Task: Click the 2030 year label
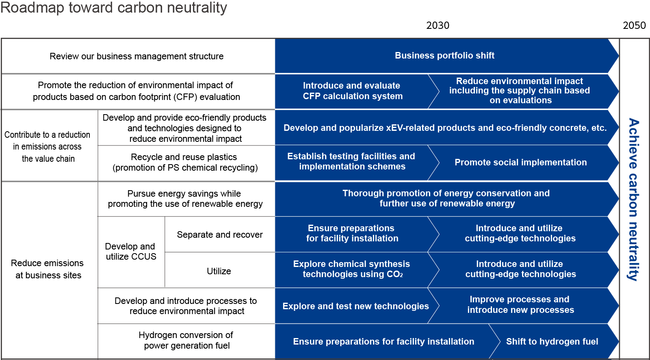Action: (x=438, y=26)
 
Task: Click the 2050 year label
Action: (x=634, y=26)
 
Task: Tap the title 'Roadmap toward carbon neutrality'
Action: (x=114, y=8)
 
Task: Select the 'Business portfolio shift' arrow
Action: (x=444, y=56)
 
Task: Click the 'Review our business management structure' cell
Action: (x=136, y=56)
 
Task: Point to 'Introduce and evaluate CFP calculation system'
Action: (x=352, y=91)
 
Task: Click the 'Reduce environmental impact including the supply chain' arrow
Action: (x=520, y=91)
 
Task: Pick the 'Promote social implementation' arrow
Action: (x=520, y=163)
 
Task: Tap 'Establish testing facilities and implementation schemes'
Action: (x=351, y=162)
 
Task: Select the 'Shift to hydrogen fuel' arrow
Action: (x=552, y=342)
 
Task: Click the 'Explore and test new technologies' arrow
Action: (x=355, y=306)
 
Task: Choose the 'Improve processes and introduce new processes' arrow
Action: (x=520, y=305)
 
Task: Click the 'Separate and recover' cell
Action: (x=219, y=235)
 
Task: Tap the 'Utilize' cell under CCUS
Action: (x=219, y=271)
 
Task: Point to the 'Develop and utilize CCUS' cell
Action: (x=131, y=252)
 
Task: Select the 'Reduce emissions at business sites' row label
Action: (x=48, y=269)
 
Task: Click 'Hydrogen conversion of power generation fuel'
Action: (x=186, y=340)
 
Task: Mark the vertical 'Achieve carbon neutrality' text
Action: (x=633, y=199)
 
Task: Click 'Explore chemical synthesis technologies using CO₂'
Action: (x=352, y=269)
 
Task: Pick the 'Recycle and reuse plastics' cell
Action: (x=185, y=163)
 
